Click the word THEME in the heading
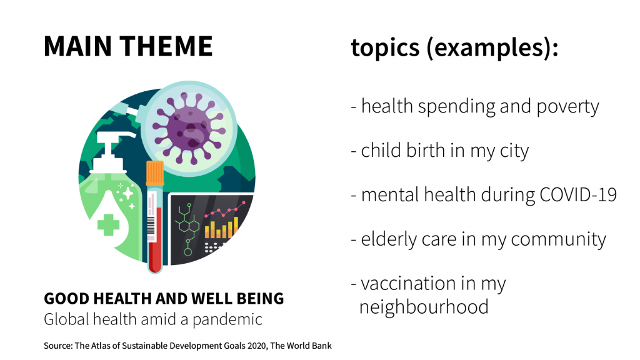coord(166,46)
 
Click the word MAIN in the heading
coord(77,46)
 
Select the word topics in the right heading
coord(385,48)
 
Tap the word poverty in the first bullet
coord(567,107)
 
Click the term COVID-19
coord(578,195)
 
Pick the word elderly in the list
coord(389,239)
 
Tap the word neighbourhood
coord(424,307)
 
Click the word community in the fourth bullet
coord(558,239)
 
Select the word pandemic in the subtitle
coord(227,319)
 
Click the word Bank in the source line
coord(322,346)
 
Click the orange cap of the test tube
coord(155,173)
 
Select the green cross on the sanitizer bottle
coord(108,225)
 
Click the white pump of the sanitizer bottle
coord(109,152)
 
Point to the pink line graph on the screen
coord(225,209)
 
